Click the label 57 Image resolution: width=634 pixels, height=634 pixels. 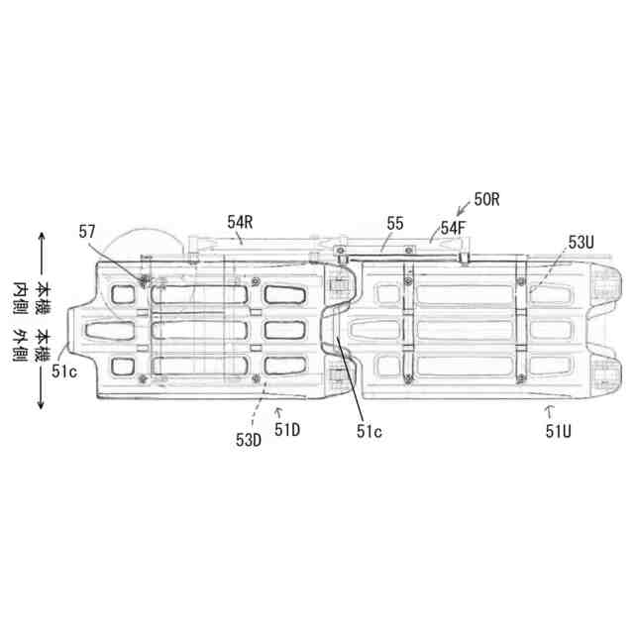87,232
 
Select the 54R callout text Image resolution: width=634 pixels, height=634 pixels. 240,222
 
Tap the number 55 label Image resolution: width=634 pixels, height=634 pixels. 395,223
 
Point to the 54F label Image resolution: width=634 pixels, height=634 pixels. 453,228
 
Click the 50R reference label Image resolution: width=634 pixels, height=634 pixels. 487,200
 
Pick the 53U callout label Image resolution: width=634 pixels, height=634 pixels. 581,242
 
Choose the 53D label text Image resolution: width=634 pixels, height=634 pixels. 249,440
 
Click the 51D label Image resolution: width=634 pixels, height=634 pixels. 287,429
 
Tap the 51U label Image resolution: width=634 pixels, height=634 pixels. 559,432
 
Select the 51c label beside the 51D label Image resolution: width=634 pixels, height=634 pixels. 369,432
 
